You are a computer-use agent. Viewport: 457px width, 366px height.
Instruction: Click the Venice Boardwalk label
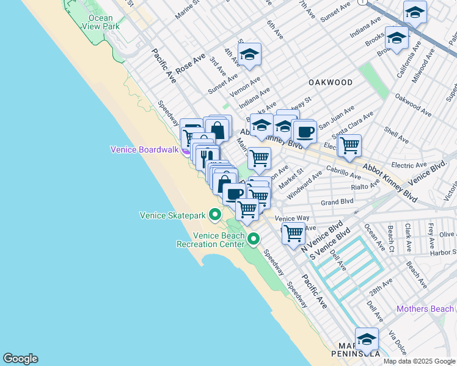click(144, 149)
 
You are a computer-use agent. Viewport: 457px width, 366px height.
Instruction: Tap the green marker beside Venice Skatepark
click(215, 215)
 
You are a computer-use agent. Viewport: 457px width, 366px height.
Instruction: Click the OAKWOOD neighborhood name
click(331, 82)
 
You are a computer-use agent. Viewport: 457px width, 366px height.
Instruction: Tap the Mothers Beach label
click(425, 309)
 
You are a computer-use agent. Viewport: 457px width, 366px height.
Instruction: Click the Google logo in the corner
click(20, 359)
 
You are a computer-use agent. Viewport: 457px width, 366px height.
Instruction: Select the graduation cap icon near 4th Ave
click(249, 54)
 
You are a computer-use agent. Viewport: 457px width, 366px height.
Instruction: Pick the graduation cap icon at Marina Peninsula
click(367, 339)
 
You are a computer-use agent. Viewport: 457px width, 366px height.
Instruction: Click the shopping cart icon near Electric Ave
click(349, 146)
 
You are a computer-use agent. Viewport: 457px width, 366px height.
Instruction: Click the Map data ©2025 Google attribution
click(419, 361)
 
